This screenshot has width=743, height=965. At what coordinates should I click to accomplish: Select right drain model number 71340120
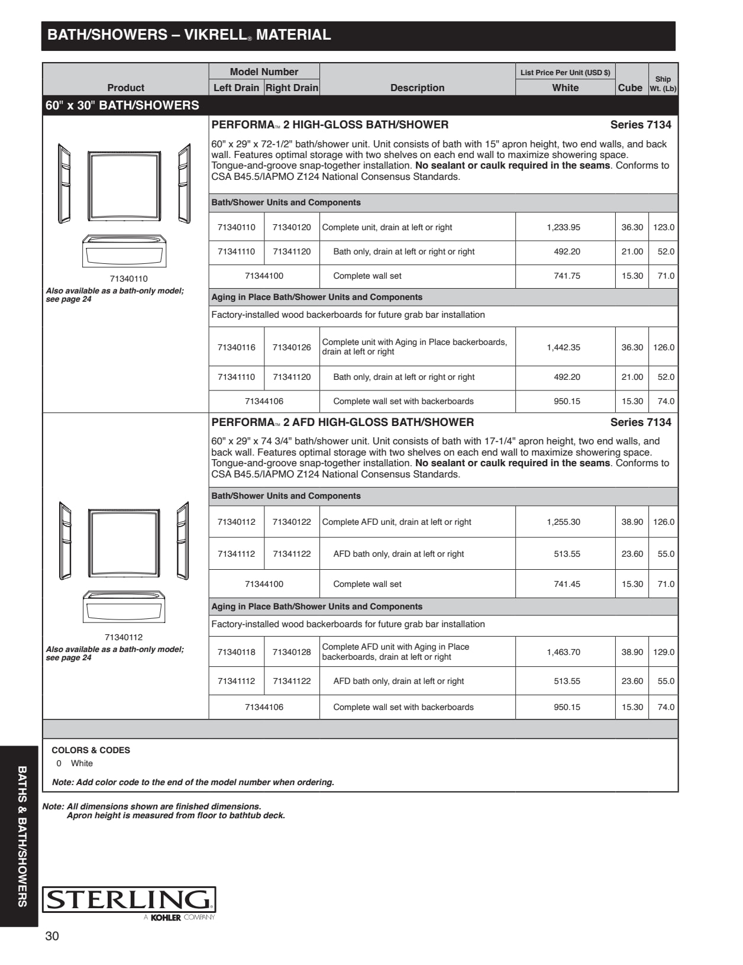pyautogui.click(x=292, y=227)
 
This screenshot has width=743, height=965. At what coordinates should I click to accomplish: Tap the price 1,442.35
pyautogui.click(x=563, y=347)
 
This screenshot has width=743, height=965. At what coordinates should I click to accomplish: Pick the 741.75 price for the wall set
pyautogui.click(x=567, y=276)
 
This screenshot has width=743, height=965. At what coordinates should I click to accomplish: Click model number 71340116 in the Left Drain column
pyautogui.click(x=237, y=347)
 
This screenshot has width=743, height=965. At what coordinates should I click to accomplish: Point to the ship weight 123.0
pyautogui.click(x=663, y=227)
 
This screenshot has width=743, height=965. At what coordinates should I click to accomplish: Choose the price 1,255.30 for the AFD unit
pyautogui.click(x=563, y=522)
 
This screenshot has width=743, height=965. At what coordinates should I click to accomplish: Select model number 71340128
pyautogui.click(x=292, y=652)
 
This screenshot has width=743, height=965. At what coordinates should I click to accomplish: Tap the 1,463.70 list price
pyautogui.click(x=563, y=652)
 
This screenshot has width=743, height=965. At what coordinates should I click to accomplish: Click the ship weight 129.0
pyautogui.click(x=663, y=652)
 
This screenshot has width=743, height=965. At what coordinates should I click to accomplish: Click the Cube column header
pyautogui.click(x=630, y=88)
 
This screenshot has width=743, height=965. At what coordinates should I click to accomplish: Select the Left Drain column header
pyautogui.click(x=236, y=88)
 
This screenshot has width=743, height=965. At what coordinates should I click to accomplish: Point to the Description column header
pyautogui.click(x=417, y=88)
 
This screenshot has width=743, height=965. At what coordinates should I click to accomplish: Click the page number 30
pyautogui.click(x=52, y=936)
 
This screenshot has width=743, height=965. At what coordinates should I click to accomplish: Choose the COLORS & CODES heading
pyautogui.click(x=91, y=750)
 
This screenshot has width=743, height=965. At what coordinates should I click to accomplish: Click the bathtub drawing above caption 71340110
pyautogui.click(x=124, y=251)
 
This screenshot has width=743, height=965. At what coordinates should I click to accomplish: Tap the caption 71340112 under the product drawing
pyautogui.click(x=124, y=637)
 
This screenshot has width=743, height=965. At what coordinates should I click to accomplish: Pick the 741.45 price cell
pyautogui.click(x=567, y=584)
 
